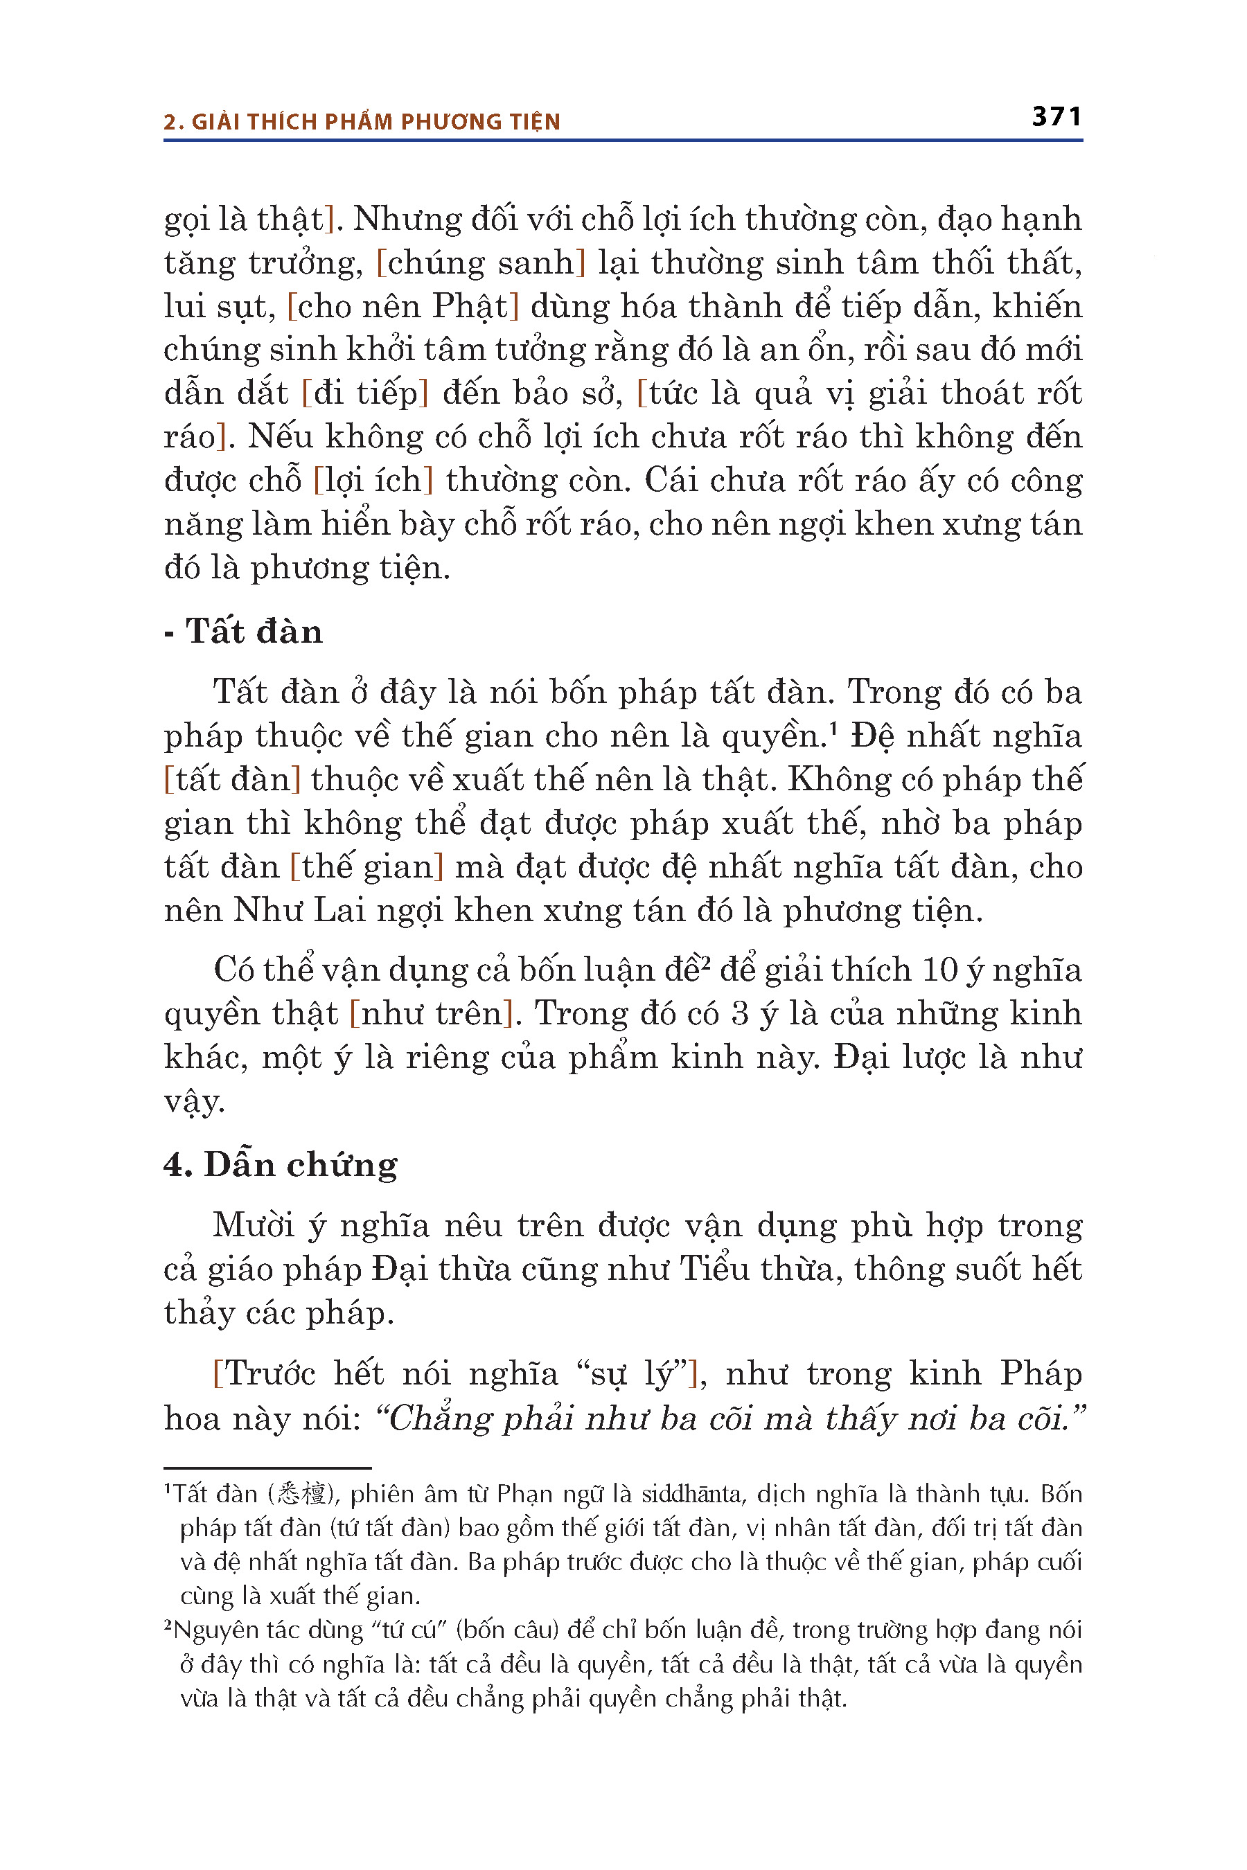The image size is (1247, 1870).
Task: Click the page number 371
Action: click(x=1056, y=117)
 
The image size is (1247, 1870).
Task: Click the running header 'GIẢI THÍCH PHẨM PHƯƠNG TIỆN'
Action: click(x=375, y=122)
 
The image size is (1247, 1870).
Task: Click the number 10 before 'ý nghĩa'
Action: click(x=940, y=971)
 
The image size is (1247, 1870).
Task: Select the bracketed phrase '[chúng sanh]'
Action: click(x=480, y=263)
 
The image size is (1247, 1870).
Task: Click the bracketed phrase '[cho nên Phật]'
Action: click(x=403, y=307)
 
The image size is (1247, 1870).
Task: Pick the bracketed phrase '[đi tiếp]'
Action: click(x=365, y=393)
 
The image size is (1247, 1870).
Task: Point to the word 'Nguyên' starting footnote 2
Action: click(x=210, y=1630)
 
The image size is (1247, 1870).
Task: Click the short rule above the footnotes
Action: click(x=267, y=1468)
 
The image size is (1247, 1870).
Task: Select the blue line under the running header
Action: click(x=623, y=141)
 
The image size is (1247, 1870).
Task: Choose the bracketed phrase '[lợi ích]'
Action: click(x=373, y=481)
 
